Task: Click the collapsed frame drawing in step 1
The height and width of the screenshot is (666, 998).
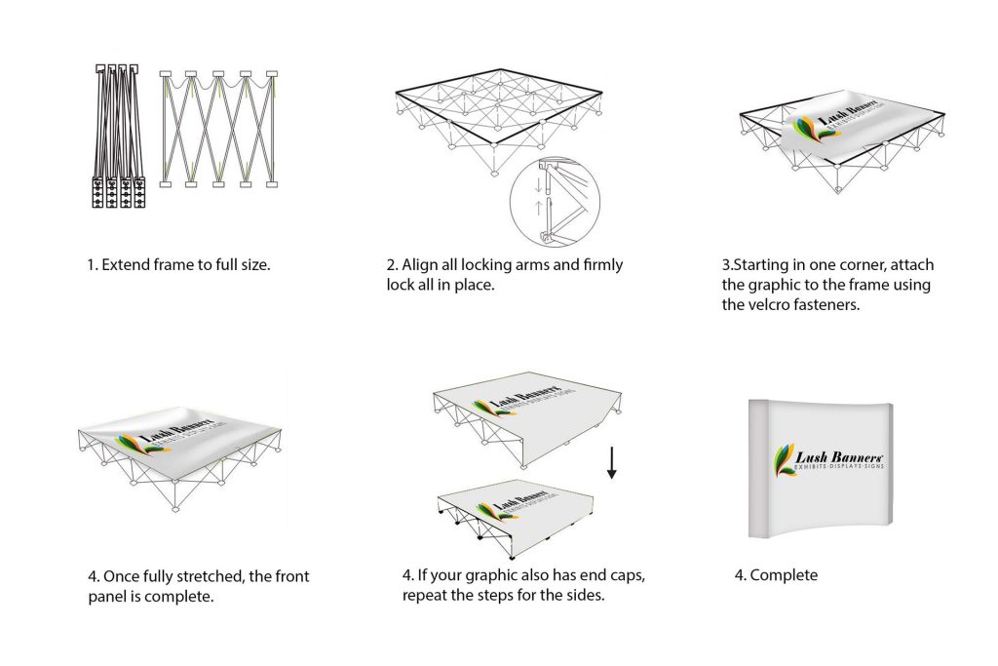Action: click(120, 138)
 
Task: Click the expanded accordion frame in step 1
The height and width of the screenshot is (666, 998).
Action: click(217, 129)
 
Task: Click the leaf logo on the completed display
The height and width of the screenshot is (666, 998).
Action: click(785, 460)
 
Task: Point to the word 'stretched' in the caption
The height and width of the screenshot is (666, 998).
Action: click(199, 576)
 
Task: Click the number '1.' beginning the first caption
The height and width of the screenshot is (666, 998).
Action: click(92, 264)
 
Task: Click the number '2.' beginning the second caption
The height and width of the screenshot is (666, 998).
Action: click(392, 264)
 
